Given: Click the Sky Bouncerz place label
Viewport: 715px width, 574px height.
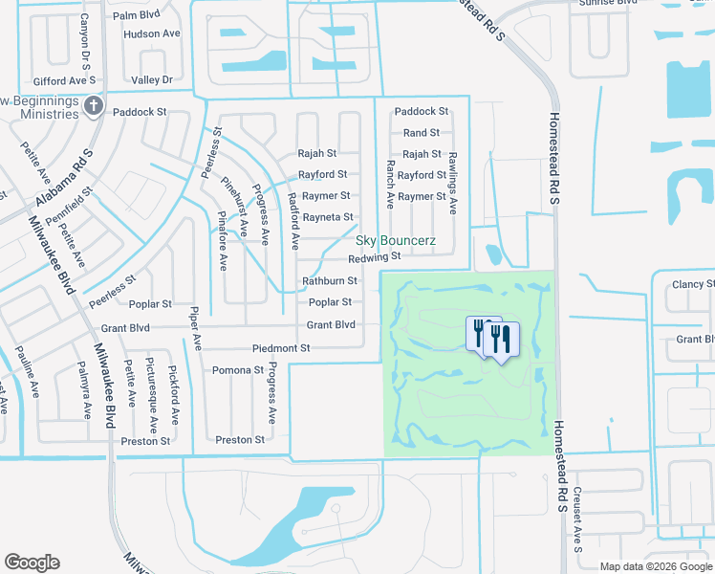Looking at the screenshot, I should pos(396,240).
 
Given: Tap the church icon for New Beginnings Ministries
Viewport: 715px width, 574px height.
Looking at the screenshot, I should pos(95,106).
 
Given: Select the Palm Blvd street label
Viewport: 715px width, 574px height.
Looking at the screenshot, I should pos(136,16).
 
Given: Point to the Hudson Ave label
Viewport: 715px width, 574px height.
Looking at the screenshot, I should pos(152,33).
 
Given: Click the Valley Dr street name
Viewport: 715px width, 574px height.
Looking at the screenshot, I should pos(153,80).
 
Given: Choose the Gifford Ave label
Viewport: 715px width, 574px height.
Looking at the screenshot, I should pos(59,82).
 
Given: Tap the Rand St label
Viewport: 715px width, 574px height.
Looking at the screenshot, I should pos(422,133).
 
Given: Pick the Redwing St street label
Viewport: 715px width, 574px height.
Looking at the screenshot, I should pos(374,257).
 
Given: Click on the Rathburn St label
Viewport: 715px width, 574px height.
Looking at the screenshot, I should pos(330,281).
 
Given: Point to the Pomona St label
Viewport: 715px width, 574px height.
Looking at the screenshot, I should pos(238,369).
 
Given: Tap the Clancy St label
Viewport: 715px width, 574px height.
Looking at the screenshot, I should pos(693,284).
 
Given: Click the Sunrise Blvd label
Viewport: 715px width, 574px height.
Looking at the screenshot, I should pos(608,3).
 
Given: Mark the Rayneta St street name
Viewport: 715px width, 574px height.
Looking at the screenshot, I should pos(328,217).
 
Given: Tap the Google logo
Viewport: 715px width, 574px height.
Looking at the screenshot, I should pos(32,563).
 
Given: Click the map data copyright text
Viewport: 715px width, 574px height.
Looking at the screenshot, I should pos(656,566).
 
